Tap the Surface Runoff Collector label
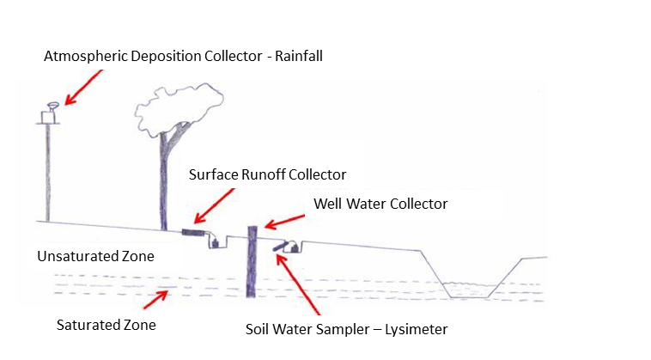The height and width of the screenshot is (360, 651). click(x=267, y=174)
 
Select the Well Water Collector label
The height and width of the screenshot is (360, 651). click(x=380, y=204)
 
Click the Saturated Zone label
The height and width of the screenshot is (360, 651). click(x=106, y=326)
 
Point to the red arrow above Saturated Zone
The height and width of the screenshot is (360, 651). click(x=158, y=298)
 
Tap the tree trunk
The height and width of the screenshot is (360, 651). click(x=163, y=180)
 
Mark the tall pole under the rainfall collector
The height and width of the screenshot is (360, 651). click(x=47, y=172)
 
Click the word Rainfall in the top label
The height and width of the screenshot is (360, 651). click(x=295, y=56)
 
